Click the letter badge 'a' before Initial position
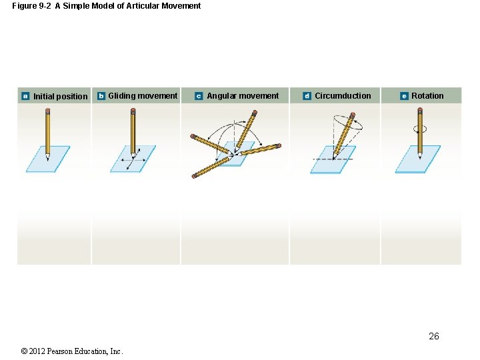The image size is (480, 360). (25, 96)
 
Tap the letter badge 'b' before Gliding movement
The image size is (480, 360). (101, 96)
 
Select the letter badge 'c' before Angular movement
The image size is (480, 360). (199, 96)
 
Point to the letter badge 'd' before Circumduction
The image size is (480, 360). (307, 96)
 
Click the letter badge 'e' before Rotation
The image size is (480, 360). (404, 96)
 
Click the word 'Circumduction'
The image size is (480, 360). (343, 96)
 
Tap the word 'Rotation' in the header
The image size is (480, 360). (427, 96)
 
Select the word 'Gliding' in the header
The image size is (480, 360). (122, 96)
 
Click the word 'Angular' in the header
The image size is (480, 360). (222, 96)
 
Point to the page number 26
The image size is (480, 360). (433, 336)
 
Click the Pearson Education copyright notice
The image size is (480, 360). (72, 351)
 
